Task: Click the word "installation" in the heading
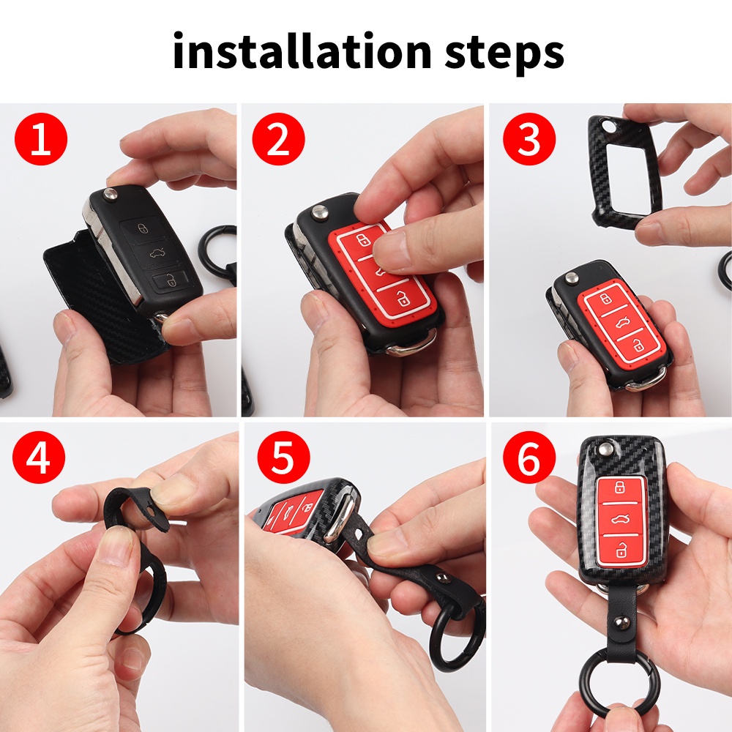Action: tap(301, 51)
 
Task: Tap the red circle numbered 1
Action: tap(41, 138)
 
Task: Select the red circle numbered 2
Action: tap(279, 138)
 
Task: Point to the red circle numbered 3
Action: tap(529, 138)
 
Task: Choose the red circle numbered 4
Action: tap(39, 457)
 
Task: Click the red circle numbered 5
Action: tap(283, 457)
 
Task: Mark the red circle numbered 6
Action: tap(529, 457)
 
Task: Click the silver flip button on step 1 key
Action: tap(111, 193)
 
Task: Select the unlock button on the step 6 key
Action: tap(621, 549)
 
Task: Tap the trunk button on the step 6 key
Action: tap(621, 518)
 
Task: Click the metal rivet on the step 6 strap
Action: tap(621, 621)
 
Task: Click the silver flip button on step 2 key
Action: tap(320, 213)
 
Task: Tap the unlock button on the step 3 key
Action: tap(638, 345)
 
